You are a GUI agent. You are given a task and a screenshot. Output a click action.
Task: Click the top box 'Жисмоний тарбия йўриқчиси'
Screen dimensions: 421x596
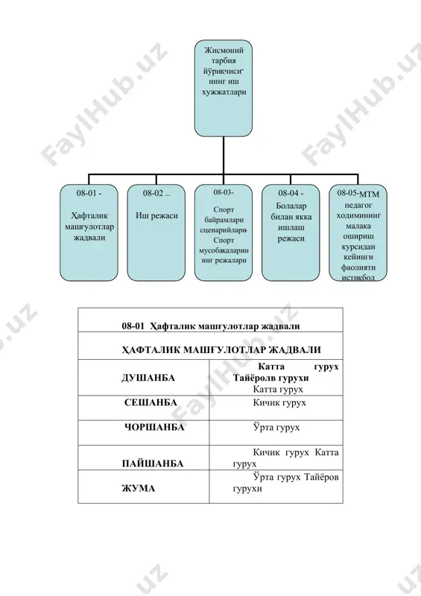point(224,88)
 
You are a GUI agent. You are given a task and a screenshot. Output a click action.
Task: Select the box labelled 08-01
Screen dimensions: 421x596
point(89,232)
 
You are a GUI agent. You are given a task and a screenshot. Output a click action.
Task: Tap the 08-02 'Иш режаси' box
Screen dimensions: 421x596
point(156,232)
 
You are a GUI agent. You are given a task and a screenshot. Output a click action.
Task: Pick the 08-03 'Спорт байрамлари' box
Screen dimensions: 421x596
point(224,232)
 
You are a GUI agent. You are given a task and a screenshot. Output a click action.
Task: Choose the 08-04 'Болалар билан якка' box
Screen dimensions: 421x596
point(291,232)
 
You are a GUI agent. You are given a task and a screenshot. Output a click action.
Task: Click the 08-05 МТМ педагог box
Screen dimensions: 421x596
point(358,232)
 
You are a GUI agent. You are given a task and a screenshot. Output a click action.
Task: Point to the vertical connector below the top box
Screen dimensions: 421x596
point(224,156)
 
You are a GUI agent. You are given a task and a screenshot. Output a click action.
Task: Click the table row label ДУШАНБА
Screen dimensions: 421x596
point(148,378)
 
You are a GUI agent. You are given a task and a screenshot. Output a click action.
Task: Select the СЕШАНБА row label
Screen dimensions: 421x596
point(151,402)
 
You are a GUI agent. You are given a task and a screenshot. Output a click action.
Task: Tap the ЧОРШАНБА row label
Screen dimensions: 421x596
point(154,427)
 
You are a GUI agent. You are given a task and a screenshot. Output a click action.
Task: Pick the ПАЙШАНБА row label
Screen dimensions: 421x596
point(153,463)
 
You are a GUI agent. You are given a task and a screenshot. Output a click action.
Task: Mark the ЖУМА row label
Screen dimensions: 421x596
point(139,489)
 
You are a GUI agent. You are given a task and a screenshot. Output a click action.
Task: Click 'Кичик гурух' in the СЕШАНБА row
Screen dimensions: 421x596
point(279,402)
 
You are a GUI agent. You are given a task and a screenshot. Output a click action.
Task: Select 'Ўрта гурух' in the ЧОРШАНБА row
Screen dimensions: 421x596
point(276,427)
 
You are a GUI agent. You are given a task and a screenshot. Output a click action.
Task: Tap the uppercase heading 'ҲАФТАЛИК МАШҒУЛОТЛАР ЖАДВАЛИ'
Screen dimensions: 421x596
point(221,350)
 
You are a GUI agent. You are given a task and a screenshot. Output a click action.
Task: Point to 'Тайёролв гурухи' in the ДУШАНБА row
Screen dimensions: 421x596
point(270,378)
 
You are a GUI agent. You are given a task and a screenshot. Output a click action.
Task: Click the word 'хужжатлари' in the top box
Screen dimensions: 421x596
point(224,92)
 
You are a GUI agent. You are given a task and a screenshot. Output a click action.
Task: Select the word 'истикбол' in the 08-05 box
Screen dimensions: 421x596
point(358,277)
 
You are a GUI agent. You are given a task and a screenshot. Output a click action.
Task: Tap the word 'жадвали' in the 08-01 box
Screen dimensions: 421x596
point(89,238)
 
